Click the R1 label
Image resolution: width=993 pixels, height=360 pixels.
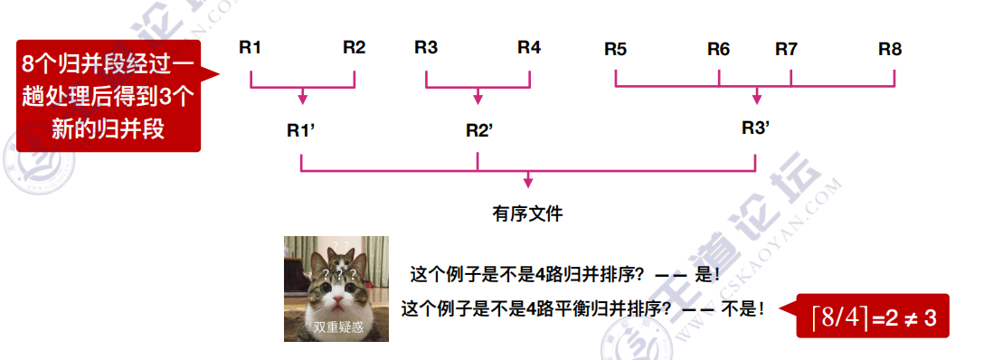[x=251, y=48]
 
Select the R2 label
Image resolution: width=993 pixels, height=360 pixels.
[x=355, y=48]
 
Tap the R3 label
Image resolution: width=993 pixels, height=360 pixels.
[x=426, y=48]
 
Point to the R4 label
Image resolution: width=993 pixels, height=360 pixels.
[x=529, y=48]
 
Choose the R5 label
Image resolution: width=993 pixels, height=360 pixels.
[x=615, y=50]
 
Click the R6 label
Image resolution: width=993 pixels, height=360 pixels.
[x=718, y=50]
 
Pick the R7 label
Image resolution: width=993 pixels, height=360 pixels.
[x=786, y=50]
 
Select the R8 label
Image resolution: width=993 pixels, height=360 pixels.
[x=890, y=50]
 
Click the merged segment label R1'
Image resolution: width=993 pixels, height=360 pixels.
[x=300, y=129]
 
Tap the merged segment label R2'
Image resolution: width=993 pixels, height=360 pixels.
[x=479, y=129]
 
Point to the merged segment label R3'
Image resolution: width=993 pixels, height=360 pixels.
[x=755, y=128]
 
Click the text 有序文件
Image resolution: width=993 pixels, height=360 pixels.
[x=527, y=214]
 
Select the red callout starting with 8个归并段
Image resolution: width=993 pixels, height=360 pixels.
[x=109, y=95]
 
